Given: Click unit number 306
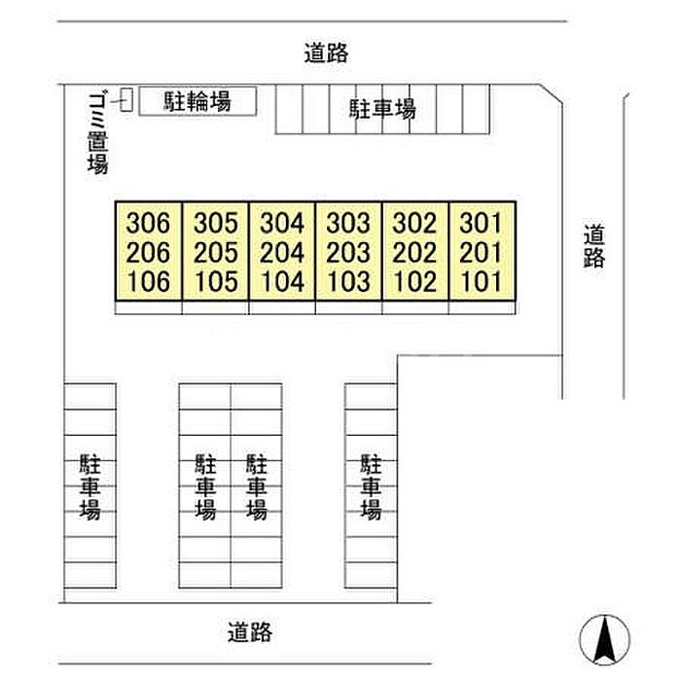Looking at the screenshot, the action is [x=149, y=223].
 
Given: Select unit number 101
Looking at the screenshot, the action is [x=480, y=282].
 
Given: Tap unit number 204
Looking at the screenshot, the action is [x=282, y=253].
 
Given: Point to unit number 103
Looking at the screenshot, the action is [x=348, y=282].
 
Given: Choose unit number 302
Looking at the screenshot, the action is [x=413, y=223].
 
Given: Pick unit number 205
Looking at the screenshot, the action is [x=216, y=253].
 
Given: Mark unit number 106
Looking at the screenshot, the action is [x=149, y=282].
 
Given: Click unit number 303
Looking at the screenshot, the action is [x=348, y=223].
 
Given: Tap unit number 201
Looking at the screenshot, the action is [x=480, y=253].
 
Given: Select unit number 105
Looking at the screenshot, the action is [x=216, y=282].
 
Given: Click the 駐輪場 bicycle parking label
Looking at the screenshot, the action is [x=197, y=100].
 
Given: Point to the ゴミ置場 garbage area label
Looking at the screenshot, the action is [x=96, y=130].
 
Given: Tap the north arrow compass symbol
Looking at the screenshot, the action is [x=604, y=639].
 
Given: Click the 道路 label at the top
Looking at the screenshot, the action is [x=325, y=53].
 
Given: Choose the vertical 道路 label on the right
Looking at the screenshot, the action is [x=594, y=246].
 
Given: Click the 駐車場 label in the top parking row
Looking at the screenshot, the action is [x=382, y=110].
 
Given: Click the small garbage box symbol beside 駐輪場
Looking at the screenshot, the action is [x=125, y=97].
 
